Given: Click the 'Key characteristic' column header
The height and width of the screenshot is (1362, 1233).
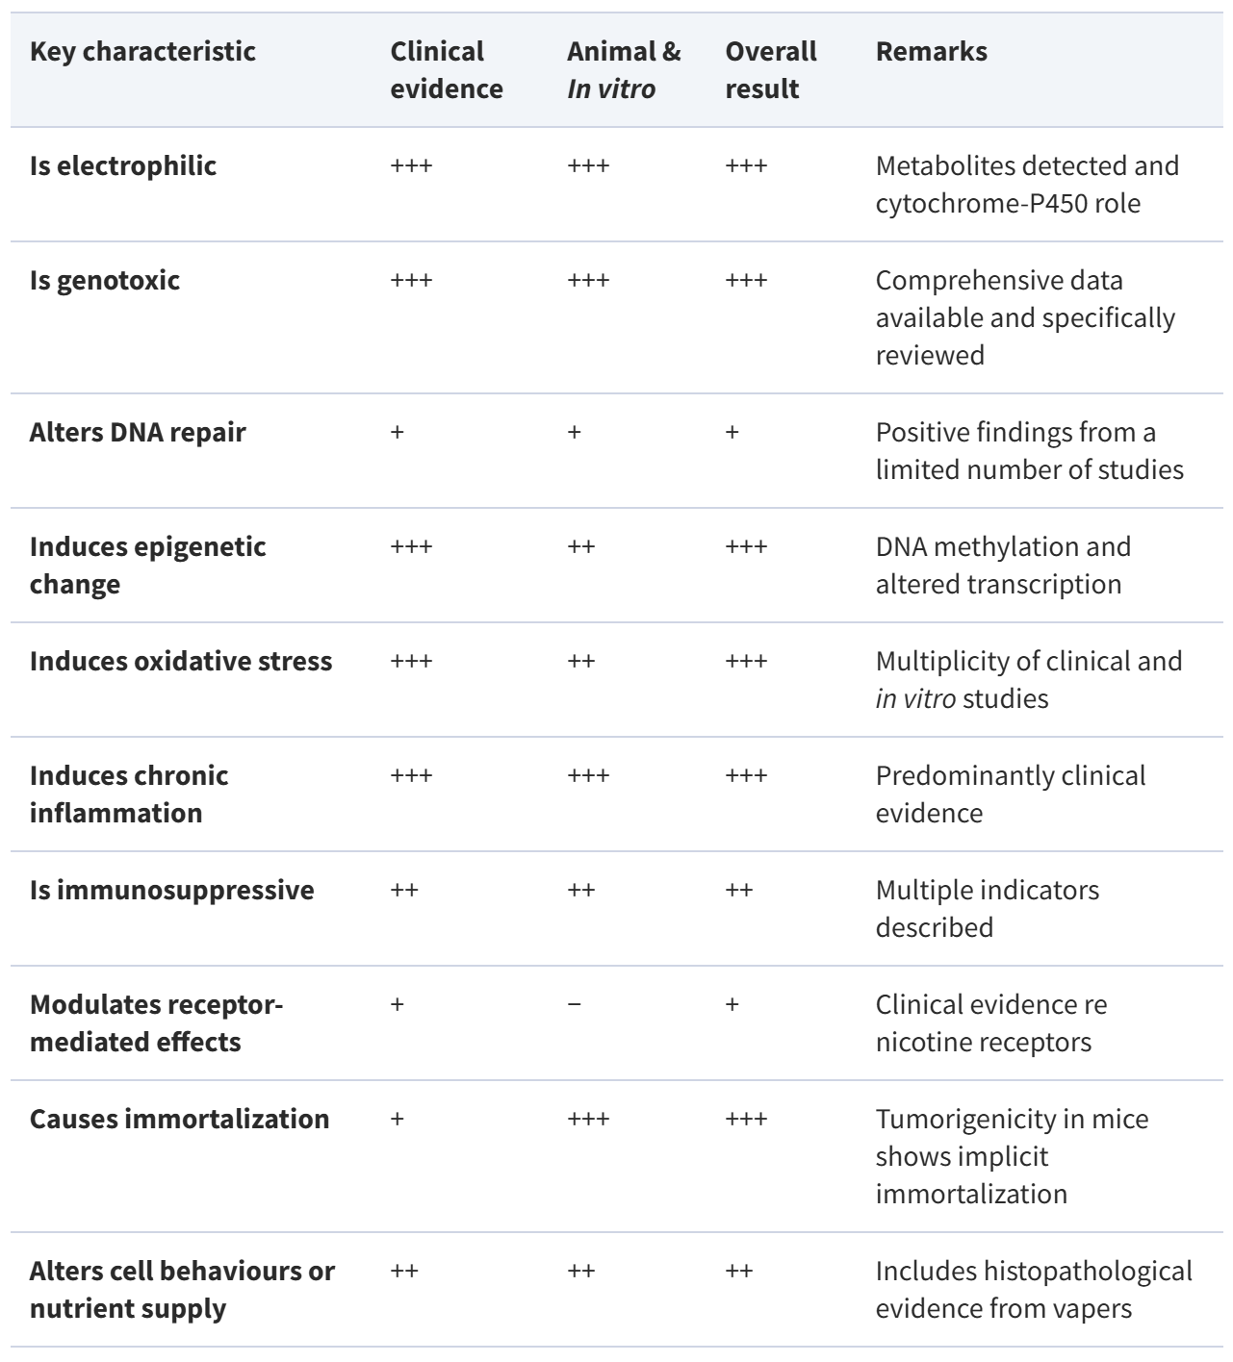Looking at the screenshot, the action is click(x=142, y=52).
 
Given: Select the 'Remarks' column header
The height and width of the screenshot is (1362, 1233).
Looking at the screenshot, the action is click(x=931, y=52).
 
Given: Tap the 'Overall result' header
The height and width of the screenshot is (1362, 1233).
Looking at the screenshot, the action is click(x=770, y=70).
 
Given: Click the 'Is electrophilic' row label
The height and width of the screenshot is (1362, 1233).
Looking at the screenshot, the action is click(x=123, y=165).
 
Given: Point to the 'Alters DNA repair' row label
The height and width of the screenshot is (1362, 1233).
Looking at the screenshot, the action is click(x=138, y=432).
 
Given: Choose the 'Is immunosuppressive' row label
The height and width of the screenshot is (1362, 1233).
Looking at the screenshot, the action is click(x=171, y=890).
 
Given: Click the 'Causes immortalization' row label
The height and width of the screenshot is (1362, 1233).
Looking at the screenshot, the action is click(x=179, y=1119).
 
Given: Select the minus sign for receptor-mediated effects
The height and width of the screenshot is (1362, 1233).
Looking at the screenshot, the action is click(x=575, y=1004).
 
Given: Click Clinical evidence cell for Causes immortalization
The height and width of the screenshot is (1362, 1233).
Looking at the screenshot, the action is click(x=398, y=1119).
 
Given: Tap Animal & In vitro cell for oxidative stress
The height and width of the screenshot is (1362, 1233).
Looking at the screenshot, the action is click(x=581, y=661).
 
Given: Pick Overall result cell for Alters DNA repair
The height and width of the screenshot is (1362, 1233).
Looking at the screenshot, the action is click(x=732, y=432).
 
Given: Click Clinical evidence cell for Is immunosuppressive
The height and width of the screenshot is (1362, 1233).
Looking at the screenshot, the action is click(x=404, y=890).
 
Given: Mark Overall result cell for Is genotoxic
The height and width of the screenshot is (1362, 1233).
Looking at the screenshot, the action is click(x=746, y=280).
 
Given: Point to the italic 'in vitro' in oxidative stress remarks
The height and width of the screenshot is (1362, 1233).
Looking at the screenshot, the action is click(x=915, y=698).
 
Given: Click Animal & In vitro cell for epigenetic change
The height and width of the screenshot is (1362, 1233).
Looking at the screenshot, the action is click(x=581, y=546).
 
